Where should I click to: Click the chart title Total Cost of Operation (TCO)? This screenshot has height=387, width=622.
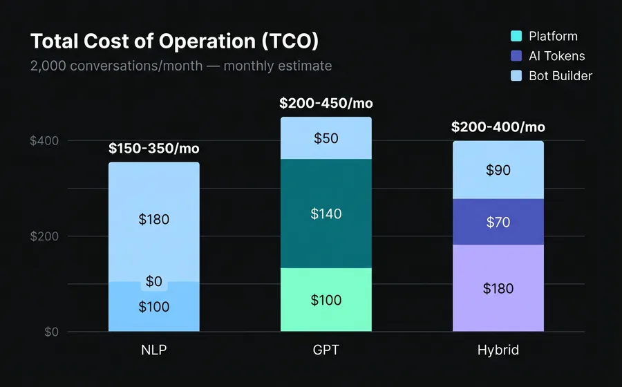[174, 41]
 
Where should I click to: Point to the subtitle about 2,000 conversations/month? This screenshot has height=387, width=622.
[181, 66]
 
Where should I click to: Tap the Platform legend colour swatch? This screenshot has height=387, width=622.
[516, 37]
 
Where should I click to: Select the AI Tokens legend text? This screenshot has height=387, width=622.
[556, 56]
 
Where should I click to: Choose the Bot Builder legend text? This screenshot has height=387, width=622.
[560, 76]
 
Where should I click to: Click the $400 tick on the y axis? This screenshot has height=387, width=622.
[44, 141]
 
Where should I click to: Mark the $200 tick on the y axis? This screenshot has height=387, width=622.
[44, 236]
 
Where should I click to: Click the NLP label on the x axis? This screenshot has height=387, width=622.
[153, 350]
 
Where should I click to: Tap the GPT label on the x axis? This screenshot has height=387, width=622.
[326, 350]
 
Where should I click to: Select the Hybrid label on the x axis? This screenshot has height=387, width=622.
[498, 350]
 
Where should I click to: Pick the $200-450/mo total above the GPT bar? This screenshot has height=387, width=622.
[326, 104]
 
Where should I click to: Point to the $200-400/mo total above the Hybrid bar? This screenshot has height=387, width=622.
[498, 127]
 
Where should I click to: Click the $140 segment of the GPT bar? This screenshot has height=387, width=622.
[326, 214]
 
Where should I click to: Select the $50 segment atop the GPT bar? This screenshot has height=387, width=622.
[326, 138]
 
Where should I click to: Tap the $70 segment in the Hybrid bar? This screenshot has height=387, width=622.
[498, 222]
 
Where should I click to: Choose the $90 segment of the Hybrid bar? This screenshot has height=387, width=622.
[498, 170]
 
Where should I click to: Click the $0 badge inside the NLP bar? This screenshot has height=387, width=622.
[153, 281]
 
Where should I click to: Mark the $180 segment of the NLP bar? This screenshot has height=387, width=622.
[153, 220]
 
